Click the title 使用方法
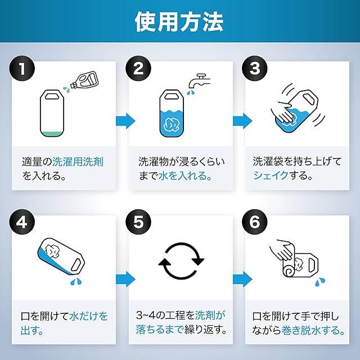179,21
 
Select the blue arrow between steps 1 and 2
125,120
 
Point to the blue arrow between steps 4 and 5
125,278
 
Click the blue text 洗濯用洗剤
78,162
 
